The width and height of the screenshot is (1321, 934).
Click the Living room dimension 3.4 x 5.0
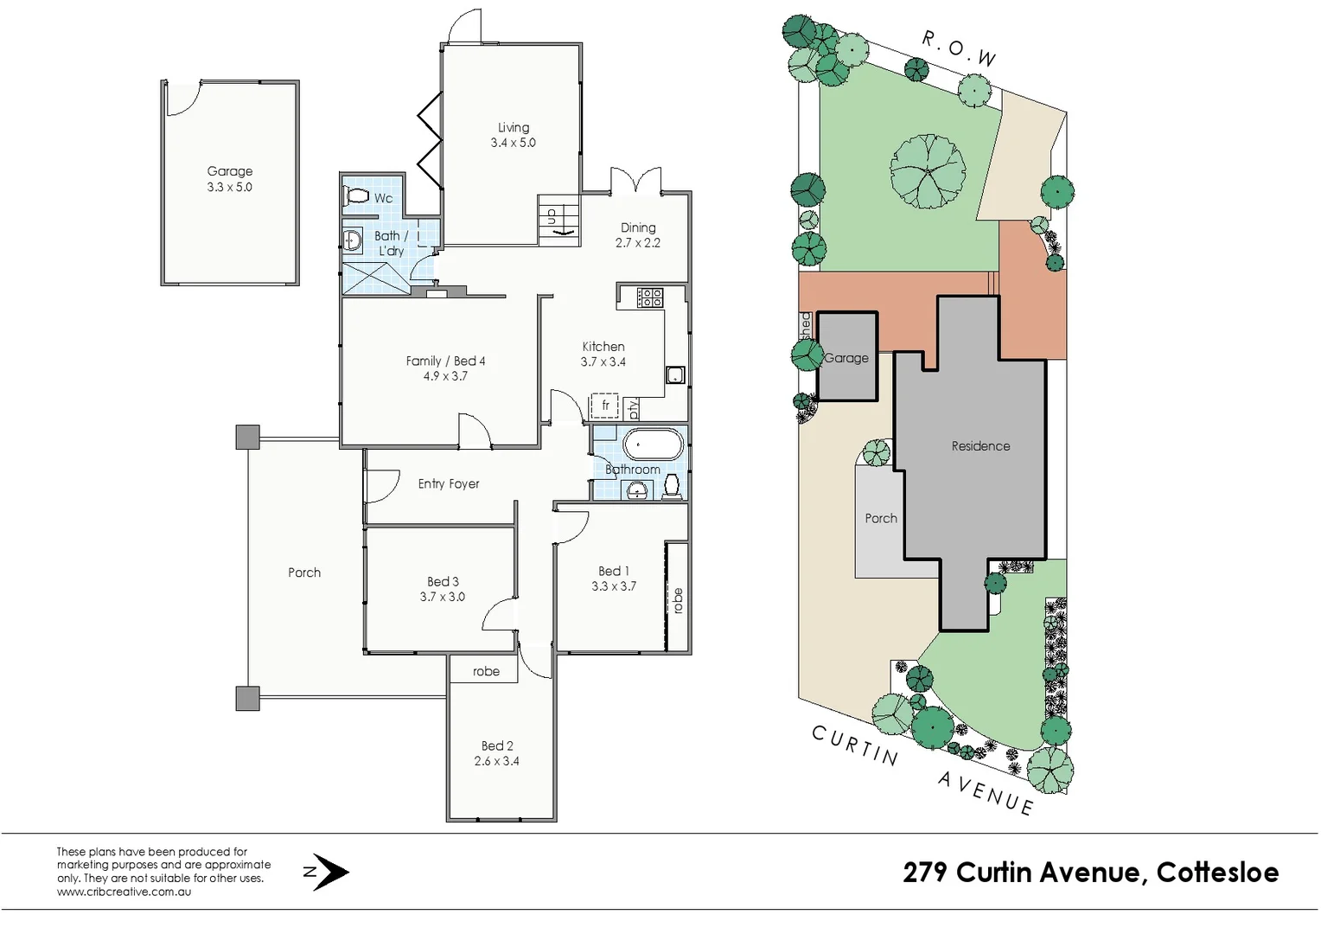point(513,144)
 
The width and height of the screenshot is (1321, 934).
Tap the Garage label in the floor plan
point(229,171)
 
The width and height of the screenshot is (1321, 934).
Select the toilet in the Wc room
point(355,197)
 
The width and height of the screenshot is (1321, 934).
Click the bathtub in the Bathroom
point(653,446)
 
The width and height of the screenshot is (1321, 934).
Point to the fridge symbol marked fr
point(605,406)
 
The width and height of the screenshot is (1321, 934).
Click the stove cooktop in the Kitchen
point(650,297)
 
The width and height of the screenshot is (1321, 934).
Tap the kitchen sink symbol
point(675,375)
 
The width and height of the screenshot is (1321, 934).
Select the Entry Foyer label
point(448,484)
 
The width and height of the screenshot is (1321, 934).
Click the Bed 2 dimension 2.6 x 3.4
point(496,762)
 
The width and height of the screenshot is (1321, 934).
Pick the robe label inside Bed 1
point(678,600)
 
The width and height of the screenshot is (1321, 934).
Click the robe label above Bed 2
point(486,671)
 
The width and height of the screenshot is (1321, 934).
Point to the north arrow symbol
point(328,872)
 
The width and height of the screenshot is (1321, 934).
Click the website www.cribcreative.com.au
point(124,892)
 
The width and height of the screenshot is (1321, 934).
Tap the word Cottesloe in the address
point(1217,872)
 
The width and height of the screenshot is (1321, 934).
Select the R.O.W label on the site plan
point(959,48)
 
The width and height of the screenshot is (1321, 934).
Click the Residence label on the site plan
point(980,446)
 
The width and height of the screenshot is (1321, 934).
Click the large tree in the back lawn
point(928,171)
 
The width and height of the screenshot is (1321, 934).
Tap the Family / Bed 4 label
point(445,361)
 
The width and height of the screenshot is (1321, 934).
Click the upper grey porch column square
point(247,437)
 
